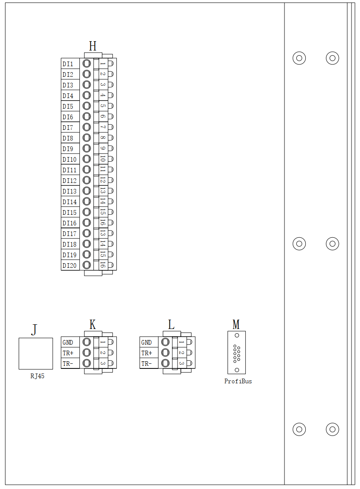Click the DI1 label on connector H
(68, 64)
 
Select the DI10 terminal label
(70, 160)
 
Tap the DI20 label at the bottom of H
(70, 266)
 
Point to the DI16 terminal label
(70, 223)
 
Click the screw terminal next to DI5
(87, 106)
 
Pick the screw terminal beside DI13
(87, 191)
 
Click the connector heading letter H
(93, 46)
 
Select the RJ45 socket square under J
(36, 354)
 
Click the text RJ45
(37, 376)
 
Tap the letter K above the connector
(93, 325)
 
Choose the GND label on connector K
(68, 343)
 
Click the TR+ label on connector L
(147, 353)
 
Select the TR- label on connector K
(68, 364)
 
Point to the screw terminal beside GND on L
(166, 342)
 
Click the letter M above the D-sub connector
(236, 325)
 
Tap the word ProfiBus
(238, 381)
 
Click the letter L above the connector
(171, 325)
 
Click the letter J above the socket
(34, 330)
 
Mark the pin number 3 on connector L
(181, 363)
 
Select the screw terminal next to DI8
(87, 138)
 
